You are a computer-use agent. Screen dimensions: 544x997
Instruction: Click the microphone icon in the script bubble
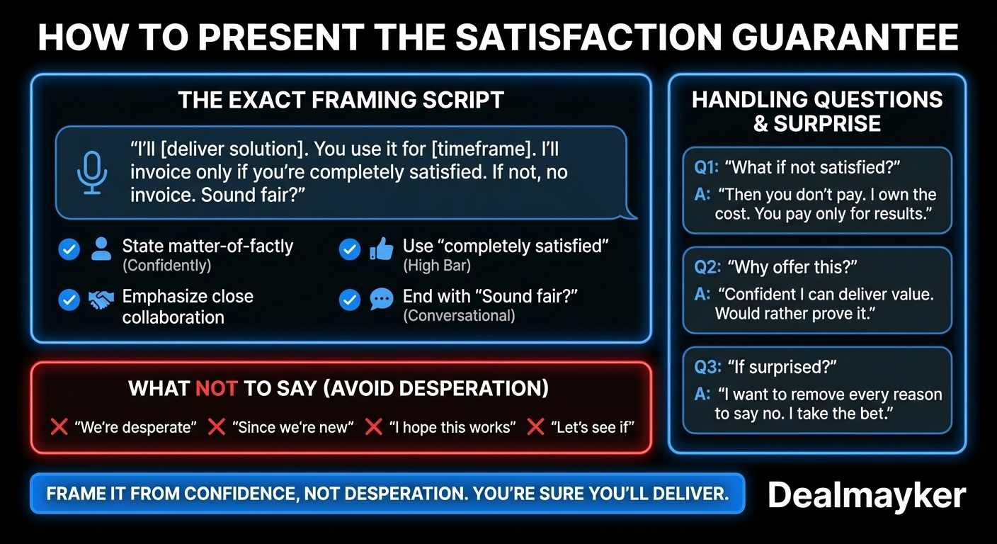pyautogui.click(x=91, y=172)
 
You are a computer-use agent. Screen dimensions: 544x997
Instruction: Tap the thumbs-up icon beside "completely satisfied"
pyautogui.click(x=381, y=249)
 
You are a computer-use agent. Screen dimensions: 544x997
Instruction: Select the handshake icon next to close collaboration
pyautogui.click(x=101, y=300)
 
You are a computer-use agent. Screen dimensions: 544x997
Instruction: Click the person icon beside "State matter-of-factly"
pyautogui.click(x=101, y=249)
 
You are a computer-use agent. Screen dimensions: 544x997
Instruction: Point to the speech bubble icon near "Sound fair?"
pyautogui.click(x=381, y=300)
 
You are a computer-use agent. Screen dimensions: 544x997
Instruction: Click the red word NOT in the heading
pyautogui.click(x=211, y=389)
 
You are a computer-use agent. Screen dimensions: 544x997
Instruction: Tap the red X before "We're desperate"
pyautogui.click(x=59, y=427)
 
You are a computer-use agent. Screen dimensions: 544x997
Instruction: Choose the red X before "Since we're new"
pyautogui.click(x=217, y=427)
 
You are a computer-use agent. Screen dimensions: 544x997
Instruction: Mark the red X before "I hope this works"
pyautogui.click(x=373, y=427)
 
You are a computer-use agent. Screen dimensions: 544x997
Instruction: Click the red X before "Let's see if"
pyautogui.click(x=536, y=427)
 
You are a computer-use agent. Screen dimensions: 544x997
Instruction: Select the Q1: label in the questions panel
pyautogui.click(x=706, y=168)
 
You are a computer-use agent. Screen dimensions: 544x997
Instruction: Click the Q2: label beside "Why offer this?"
pyautogui.click(x=707, y=268)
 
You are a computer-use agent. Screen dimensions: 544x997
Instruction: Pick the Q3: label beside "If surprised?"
pyautogui.click(x=707, y=368)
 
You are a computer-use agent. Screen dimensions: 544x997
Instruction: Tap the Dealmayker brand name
pyautogui.click(x=866, y=495)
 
